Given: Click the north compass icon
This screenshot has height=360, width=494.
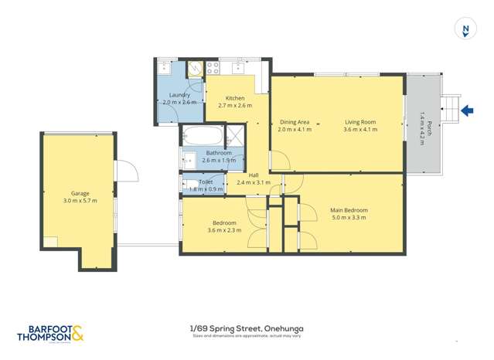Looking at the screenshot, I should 465,30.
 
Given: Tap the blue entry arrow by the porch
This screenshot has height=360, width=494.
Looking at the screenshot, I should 466,111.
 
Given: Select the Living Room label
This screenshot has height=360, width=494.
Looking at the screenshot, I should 359,121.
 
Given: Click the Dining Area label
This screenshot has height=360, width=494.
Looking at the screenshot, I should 295,121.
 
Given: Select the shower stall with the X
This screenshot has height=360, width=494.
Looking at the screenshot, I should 235,138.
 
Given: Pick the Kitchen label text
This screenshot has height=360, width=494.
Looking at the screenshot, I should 235,98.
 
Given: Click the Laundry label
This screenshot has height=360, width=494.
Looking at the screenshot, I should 179,95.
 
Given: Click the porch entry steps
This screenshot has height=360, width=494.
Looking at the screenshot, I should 448,111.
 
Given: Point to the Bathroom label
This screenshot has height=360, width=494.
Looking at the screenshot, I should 219,153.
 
